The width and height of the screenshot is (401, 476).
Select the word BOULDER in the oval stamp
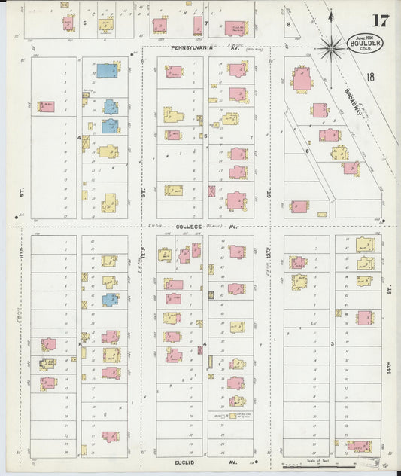click(x=366, y=44)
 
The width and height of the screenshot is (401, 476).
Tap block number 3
click(x=332, y=343)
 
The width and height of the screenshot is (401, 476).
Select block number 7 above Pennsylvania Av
click(x=205, y=23)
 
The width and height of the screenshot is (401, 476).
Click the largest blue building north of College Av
click(x=107, y=71)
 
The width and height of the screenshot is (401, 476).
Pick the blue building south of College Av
click(x=110, y=299)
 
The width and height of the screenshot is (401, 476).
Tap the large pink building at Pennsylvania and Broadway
click(x=302, y=78)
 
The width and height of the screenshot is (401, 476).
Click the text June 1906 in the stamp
click(x=366, y=36)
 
